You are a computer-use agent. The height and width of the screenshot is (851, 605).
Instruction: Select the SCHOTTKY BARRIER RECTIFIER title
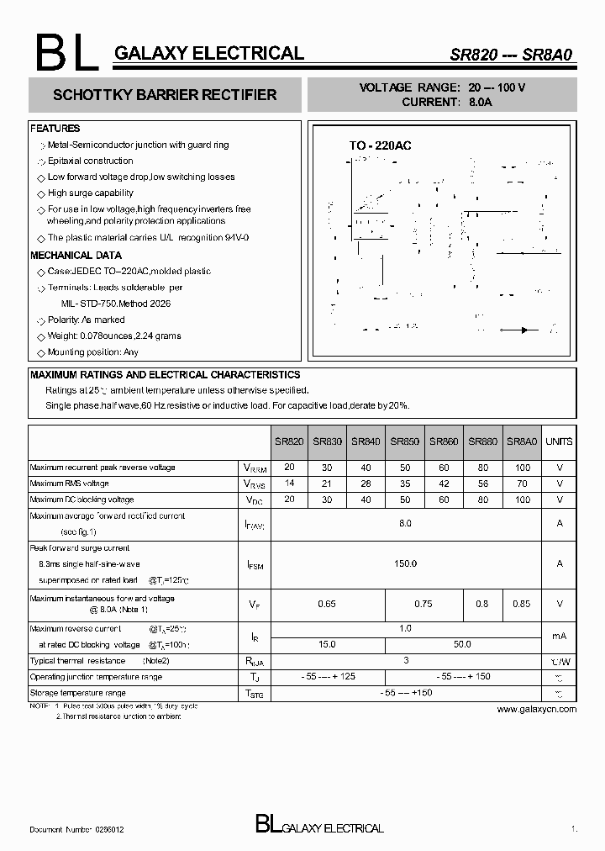[x=165, y=95]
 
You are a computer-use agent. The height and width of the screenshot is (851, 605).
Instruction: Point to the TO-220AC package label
[x=380, y=145]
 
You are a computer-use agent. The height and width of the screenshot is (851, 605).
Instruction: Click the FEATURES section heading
[x=55, y=129]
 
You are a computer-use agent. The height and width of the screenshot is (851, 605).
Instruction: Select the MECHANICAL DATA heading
[x=76, y=255]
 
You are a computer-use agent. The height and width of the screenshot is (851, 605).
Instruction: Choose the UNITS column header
[x=559, y=441]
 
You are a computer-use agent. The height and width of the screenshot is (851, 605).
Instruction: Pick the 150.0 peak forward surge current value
[x=405, y=563]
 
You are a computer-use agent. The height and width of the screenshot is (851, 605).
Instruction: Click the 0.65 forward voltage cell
[x=327, y=604]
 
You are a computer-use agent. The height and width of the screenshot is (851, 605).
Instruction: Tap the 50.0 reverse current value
[x=462, y=644]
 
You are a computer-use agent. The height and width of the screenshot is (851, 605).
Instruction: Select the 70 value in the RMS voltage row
[x=523, y=484]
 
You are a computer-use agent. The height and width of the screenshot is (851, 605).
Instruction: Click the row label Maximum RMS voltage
[x=70, y=484]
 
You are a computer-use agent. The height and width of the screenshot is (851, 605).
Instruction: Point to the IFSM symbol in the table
[x=254, y=565]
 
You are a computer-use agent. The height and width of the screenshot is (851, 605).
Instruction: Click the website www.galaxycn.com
[x=537, y=709]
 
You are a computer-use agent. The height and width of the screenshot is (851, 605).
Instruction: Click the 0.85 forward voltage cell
[x=523, y=604]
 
